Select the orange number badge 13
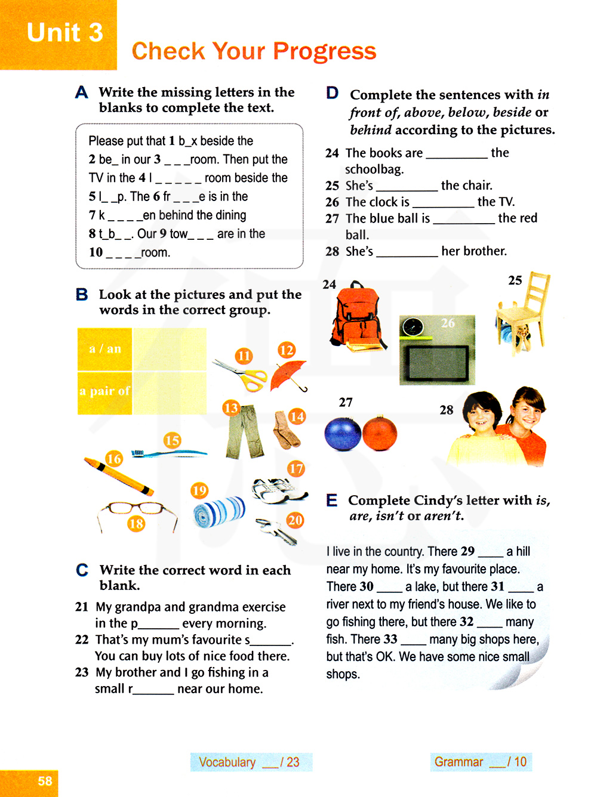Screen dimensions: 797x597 pyautogui.click(x=231, y=408)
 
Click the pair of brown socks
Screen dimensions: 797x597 pyautogui.click(x=287, y=431)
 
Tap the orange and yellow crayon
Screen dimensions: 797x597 pyautogui.click(x=119, y=476)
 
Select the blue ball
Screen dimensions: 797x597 pyautogui.click(x=343, y=434)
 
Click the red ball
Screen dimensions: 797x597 pyautogui.click(x=380, y=433)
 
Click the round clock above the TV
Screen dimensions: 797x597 pyautogui.click(x=413, y=327)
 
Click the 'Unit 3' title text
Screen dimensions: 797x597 pyautogui.click(x=64, y=32)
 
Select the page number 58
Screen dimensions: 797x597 pyautogui.click(x=45, y=781)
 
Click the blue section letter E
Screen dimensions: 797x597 pyautogui.click(x=332, y=501)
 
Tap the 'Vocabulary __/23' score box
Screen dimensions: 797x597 pyautogui.click(x=251, y=762)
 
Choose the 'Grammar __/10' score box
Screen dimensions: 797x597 pyautogui.click(x=481, y=762)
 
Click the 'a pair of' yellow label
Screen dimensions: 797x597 pyautogui.click(x=104, y=391)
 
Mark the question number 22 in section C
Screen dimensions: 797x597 pyautogui.click(x=82, y=640)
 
